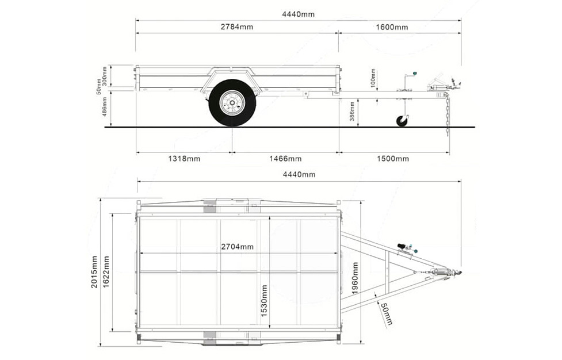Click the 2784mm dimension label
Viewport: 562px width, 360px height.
pyautogui.click(x=236, y=26)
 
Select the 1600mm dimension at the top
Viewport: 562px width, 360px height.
pyautogui.click(x=392, y=27)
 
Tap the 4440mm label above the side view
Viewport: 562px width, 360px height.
pyautogui.click(x=298, y=14)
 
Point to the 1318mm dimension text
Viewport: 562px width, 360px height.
pyautogui.click(x=184, y=159)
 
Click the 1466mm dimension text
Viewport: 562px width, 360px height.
pyautogui.click(x=285, y=159)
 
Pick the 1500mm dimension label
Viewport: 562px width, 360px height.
pyautogui.click(x=393, y=159)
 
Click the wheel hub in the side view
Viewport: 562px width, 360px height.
pyautogui.click(x=232, y=103)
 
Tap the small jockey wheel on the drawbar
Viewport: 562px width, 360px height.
pyautogui.click(x=402, y=121)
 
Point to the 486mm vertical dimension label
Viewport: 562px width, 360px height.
pyautogui.click(x=105, y=108)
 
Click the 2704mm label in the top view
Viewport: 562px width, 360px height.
pyautogui.click(x=237, y=247)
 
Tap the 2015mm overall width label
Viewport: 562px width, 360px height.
pyautogui.click(x=94, y=271)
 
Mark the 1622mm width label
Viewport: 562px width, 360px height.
pyautogui.click(x=106, y=271)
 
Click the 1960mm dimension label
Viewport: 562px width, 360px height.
pyautogui.click(x=355, y=278)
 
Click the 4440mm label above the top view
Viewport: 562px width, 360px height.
pyautogui.click(x=299, y=174)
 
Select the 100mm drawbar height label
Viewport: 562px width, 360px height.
pyautogui.click(x=373, y=77)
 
